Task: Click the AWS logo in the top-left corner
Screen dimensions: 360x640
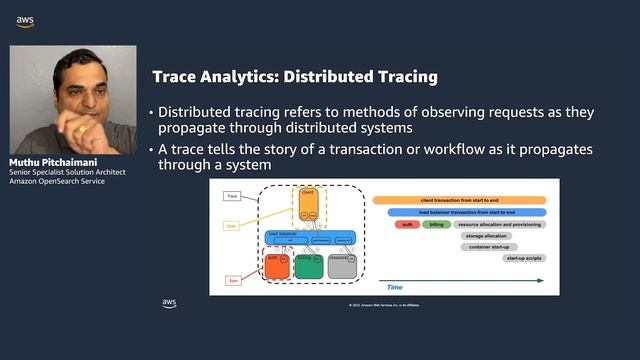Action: pyautogui.click(x=24, y=21)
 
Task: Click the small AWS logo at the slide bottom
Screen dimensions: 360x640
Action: pyautogui.click(x=170, y=303)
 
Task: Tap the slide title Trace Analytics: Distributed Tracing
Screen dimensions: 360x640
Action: pyautogui.click(x=294, y=76)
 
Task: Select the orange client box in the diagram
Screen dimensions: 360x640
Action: pyautogui.click(x=308, y=206)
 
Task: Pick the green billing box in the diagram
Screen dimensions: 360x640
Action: pyautogui.click(x=309, y=265)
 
